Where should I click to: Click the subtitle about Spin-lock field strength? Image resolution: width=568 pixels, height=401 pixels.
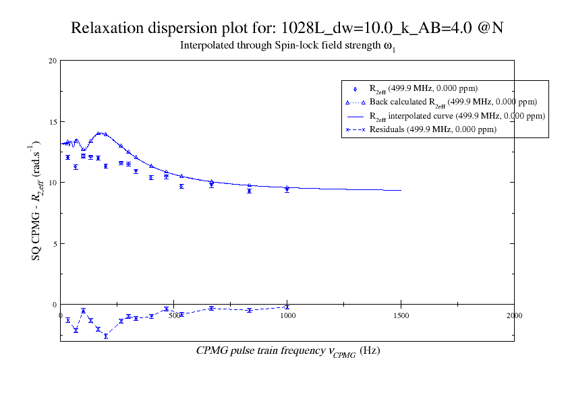287,47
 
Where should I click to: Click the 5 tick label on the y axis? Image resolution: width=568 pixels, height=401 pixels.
54,243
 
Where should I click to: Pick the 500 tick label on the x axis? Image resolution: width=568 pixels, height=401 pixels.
174,315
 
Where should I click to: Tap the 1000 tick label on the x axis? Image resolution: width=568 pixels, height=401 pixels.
287,315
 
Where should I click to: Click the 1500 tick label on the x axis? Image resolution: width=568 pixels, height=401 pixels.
401,315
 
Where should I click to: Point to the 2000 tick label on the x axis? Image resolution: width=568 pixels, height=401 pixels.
514,315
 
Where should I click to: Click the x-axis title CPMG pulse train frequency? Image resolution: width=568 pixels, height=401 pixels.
288,350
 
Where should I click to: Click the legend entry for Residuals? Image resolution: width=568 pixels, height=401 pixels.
432,129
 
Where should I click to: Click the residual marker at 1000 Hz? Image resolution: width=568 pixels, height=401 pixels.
287,307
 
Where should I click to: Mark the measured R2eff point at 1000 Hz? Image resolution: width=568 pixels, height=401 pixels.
287,189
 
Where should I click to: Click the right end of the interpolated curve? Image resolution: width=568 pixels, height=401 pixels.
401,190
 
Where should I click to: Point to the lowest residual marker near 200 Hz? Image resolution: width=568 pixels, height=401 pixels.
106,336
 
